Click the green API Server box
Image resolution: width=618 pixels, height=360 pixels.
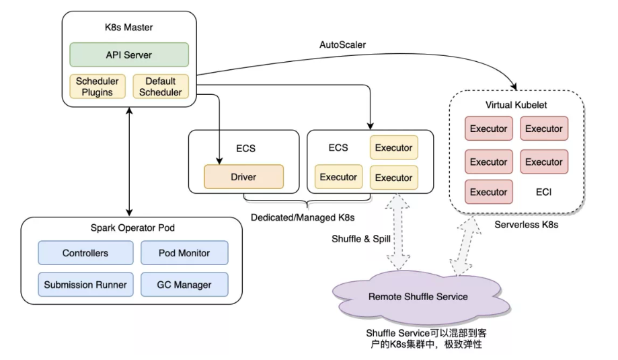(130, 55)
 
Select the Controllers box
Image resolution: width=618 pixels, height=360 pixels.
(85, 253)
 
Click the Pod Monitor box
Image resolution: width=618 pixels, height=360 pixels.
(185, 253)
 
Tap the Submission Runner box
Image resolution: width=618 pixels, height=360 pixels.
(85, 285)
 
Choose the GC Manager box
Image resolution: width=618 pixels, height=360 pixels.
(185, 285)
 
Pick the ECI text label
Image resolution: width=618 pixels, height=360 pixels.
(544, 192)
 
